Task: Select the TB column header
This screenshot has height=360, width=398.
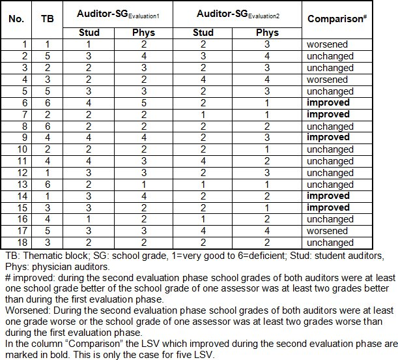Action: (48, 19)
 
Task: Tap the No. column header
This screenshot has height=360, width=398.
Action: (16, 19)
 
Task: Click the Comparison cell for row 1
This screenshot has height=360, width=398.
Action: (330, 44)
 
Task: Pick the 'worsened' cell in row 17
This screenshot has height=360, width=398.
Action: (330, 231)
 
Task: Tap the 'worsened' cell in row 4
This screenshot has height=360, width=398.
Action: (330, 80)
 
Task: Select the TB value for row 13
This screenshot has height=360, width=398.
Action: (48, 185)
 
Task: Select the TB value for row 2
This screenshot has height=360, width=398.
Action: (48, 56)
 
